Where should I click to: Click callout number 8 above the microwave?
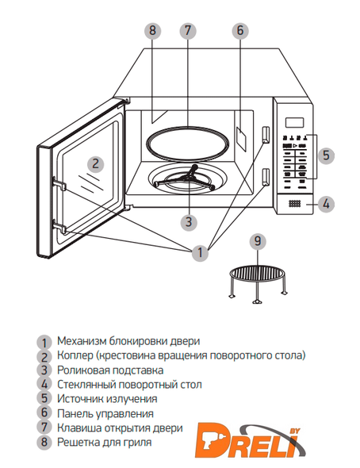click(x=152, y=31)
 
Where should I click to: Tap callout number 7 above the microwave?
click(x=188, y=31)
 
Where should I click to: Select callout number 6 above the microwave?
click(x=240, y=31)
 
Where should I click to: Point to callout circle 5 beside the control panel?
click(x=326, y=155)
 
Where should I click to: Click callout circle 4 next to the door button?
click(x=326, y=204)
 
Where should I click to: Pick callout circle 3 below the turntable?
click(x=189, y=222)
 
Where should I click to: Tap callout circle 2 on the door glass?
click(x=95, y=164)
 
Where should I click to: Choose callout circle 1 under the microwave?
click(x=200, y=253)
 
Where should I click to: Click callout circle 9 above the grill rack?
click(x=258, y=241)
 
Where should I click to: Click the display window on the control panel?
click(x=294, y=122)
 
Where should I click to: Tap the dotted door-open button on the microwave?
click(x=294, y=204)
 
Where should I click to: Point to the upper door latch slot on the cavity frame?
click(x=266, y=135)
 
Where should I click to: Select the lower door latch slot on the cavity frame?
click(x=266, y=176)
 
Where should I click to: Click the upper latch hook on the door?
click(x=59, y=183)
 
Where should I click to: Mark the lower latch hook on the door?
click(x=59, y=226)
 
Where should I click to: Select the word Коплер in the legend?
click(x=75, y=355)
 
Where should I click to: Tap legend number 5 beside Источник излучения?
click(x=44, y=398)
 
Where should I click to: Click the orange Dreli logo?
click(x=251, y=440)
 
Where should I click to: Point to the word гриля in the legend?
click(x=138, y=443)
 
